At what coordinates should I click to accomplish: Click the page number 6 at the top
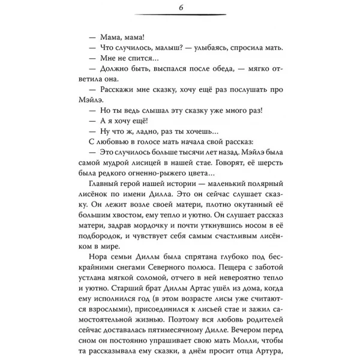180,7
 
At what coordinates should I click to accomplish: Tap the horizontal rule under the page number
180,16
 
